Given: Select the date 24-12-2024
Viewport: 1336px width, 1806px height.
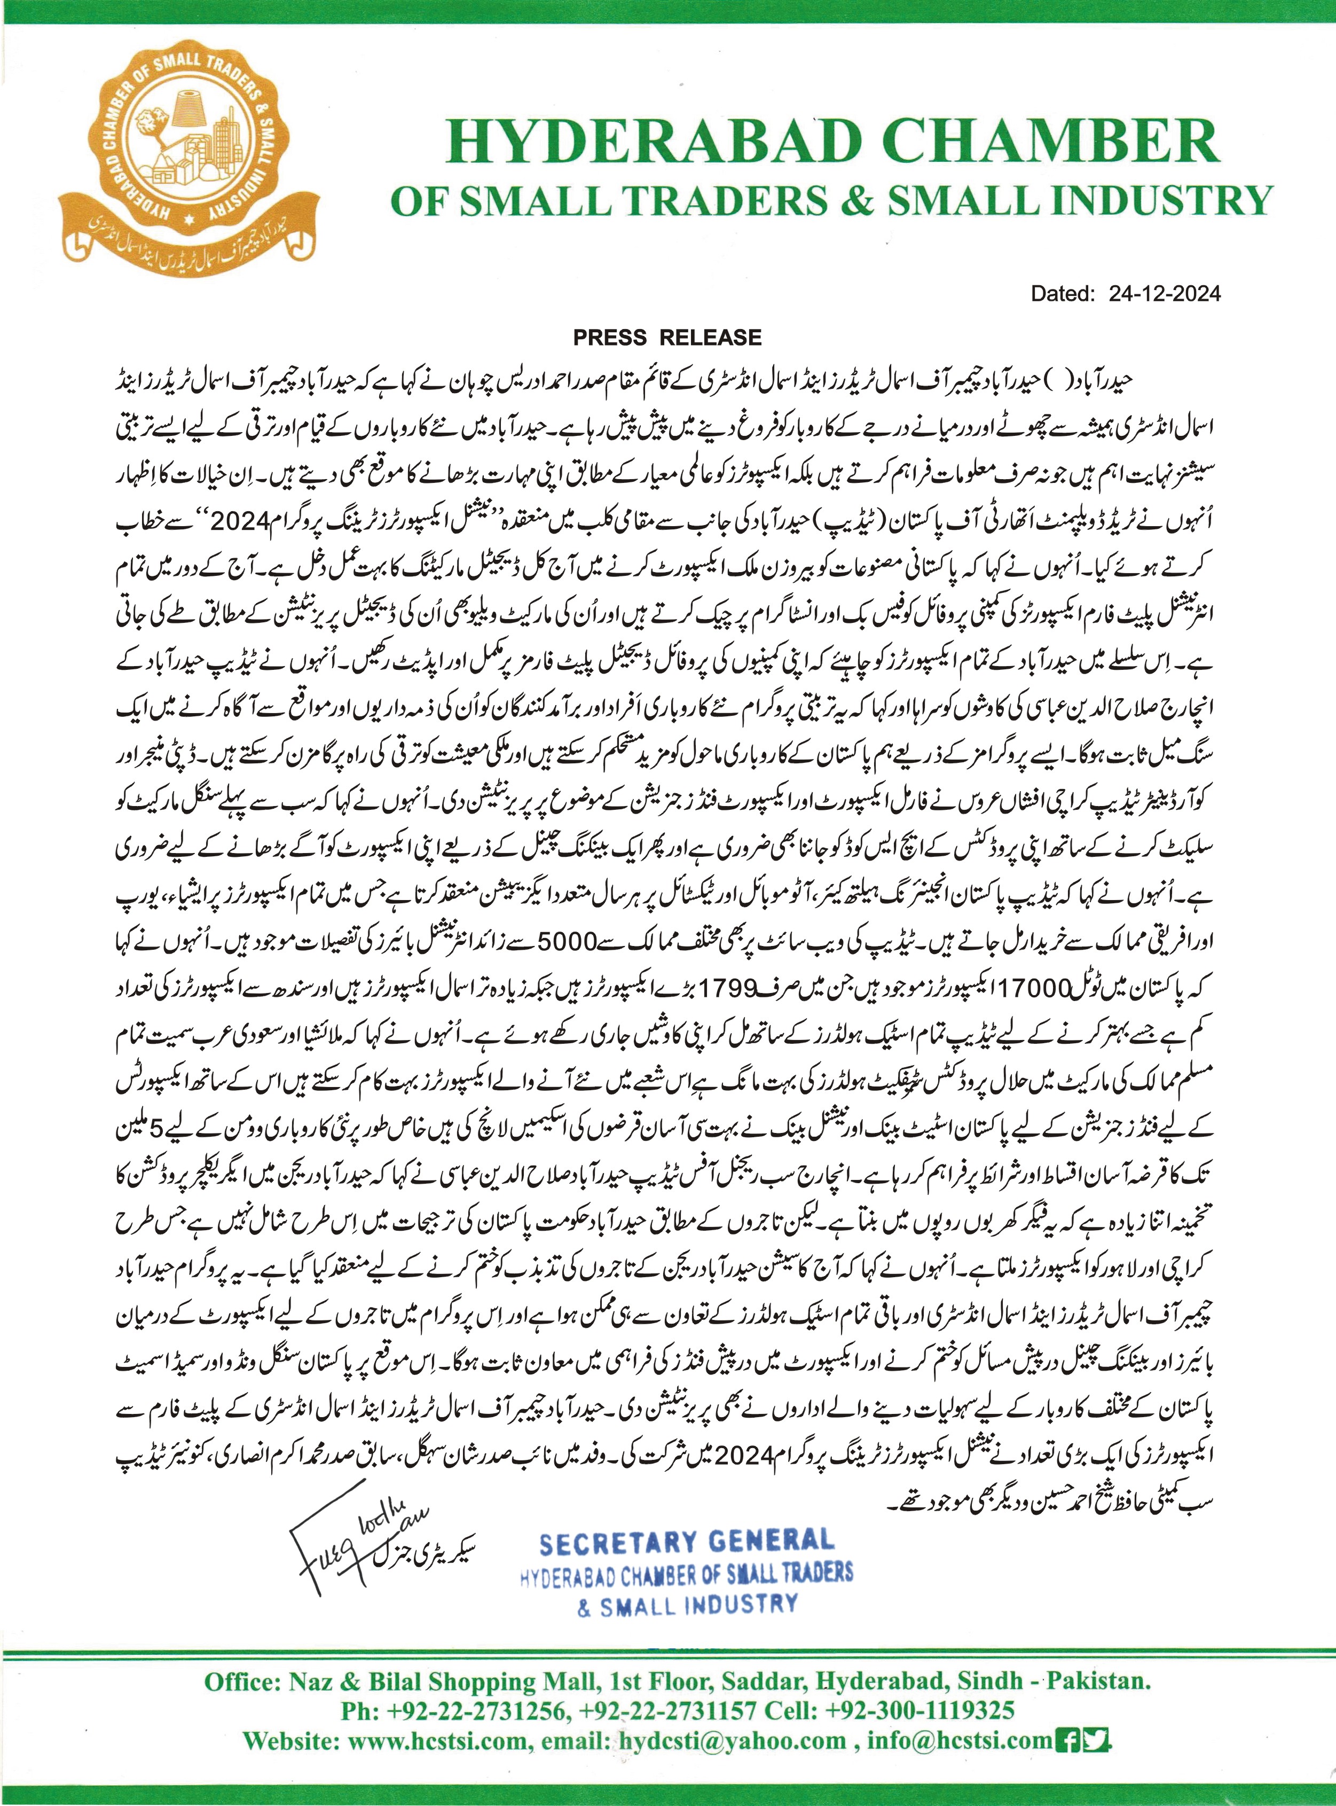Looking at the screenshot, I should tap(1165, 294).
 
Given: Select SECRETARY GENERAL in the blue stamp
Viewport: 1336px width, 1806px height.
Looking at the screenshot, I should tap(686, 1542).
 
